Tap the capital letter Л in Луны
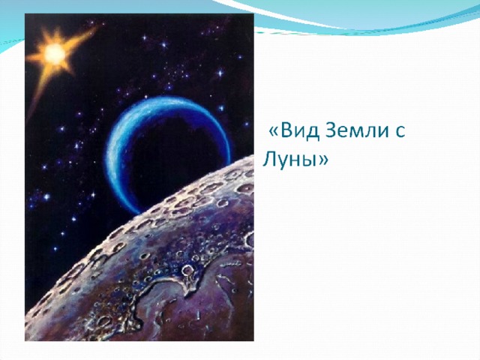270,158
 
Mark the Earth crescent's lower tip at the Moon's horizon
139,212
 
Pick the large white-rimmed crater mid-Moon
187,270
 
